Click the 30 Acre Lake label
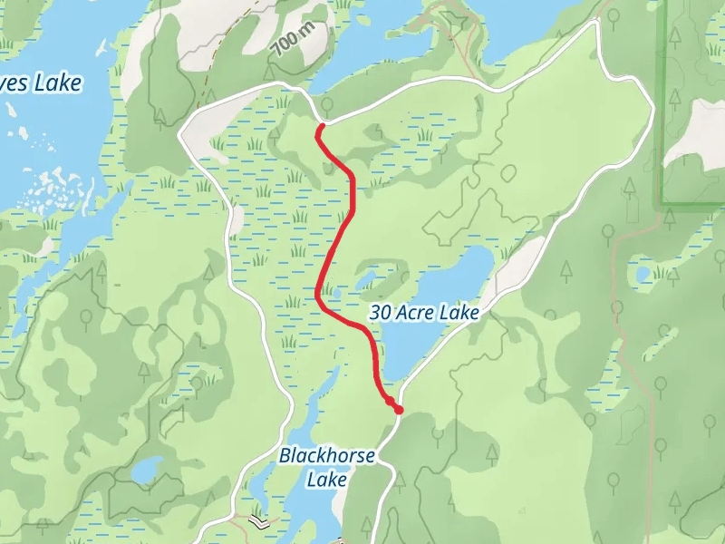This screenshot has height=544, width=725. click(x=424, y=313)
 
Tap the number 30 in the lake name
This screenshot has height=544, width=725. click(x=382, y=313)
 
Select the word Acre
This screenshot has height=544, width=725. click(x=416, y=313)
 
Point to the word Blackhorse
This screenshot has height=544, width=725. click(x=326, y=456)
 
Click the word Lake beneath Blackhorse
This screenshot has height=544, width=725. click(x=326, y=478)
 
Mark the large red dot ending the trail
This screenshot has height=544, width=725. click(x=398, y=410)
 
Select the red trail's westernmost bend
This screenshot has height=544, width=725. click(x=318, y=295)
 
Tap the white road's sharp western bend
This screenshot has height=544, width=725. click(x=182, y=134)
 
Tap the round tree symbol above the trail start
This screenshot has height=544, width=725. click(x=326, y=106)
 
